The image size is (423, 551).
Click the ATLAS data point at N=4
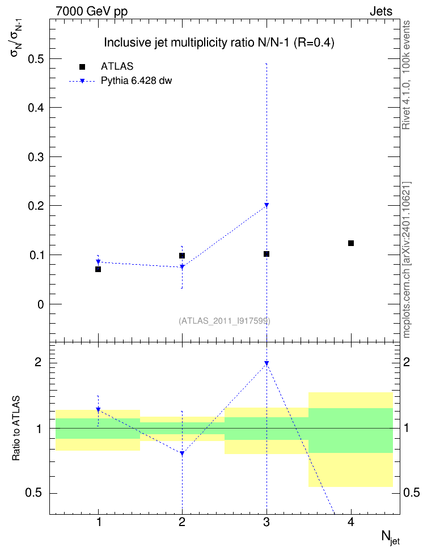coord(350,243)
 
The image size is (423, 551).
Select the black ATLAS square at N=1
coord(98,269)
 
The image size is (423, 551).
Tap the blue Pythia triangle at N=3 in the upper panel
coord(267,205)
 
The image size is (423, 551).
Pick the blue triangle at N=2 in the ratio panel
coord(182,453)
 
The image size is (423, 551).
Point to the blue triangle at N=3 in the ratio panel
coord(267,363)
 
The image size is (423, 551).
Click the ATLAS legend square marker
coord(82,67)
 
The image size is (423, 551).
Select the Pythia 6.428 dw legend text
coord(137,81)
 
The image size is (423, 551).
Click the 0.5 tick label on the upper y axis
coord(36,59)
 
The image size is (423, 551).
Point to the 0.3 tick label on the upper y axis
coord(36,156)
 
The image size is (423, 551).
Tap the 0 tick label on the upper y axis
coord(41,304)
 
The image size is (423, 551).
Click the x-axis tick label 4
coord(350,522)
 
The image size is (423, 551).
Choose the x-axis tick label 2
coord(182,522)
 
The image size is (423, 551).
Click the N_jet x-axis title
coord(391,537)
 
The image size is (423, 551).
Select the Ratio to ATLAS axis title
coord(16,429)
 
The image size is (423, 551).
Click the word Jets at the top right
coord(381,11)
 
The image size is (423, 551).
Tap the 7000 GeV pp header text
coord(91,11)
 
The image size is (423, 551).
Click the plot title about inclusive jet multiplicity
coord(219,43)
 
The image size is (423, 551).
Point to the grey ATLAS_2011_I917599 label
coord(225,321)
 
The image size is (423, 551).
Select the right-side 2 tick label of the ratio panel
coord(407,362)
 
